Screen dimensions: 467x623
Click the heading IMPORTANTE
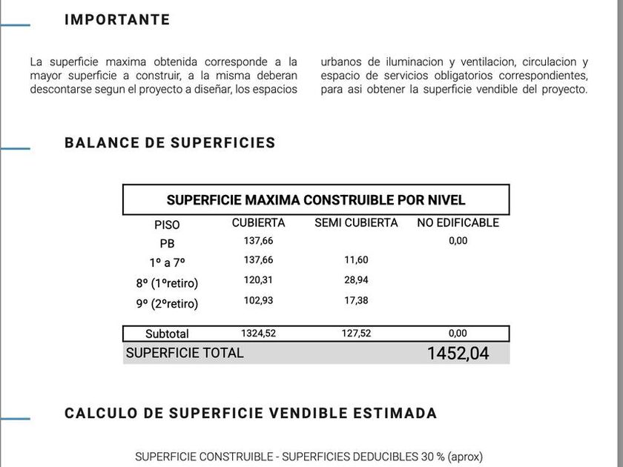pos(117,20)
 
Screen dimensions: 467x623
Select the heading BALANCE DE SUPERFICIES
pos(170,143)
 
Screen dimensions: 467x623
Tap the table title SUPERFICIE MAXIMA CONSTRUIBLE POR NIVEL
pos(316,200)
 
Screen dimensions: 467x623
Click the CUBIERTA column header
pos(258,222)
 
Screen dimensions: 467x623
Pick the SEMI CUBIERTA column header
pos(356,222)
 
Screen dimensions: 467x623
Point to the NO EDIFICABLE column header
pos(458,222)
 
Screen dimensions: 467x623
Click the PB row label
pos(167,243)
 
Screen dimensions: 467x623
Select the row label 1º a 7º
pos(167,262)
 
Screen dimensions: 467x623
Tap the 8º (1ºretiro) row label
pos(167,283)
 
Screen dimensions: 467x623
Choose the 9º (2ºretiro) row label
pos(167,303)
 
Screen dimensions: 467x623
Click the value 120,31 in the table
pos(258,280)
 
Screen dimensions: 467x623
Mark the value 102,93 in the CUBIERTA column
pos(258,300)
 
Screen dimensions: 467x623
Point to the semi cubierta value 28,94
pos(356,280)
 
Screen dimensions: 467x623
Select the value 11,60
pos(356,260)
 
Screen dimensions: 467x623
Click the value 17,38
pos(356,300)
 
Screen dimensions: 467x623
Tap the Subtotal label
pos(167,334)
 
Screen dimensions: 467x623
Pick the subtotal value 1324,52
pos(258,334)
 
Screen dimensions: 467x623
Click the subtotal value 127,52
pos(356,334)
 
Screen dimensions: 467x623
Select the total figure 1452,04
pos(458,354)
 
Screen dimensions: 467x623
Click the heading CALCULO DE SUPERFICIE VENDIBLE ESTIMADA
pos(251,414)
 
